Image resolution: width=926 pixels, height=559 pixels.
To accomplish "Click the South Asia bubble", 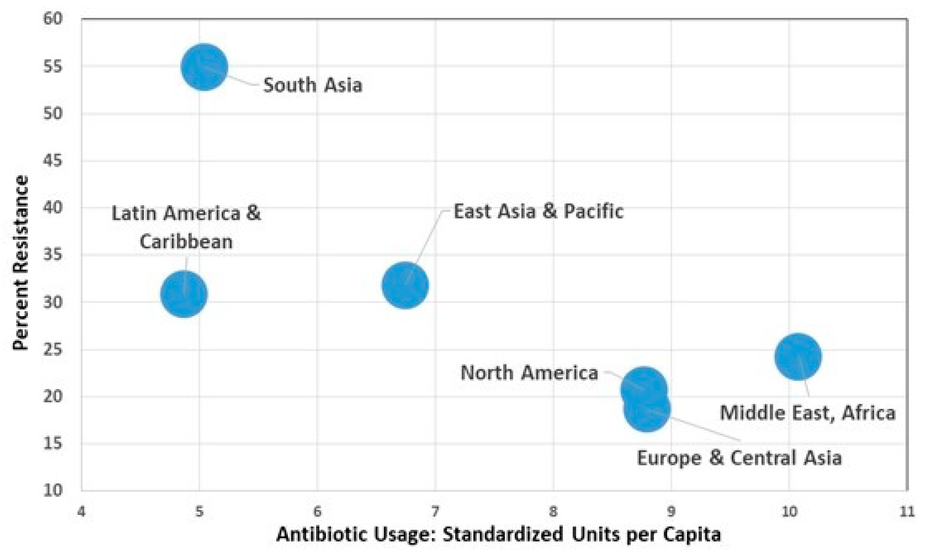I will [x=204, y=67].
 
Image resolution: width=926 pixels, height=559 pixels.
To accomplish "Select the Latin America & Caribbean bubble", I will [x=184, y=294].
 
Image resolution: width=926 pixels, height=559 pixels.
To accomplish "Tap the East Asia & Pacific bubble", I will [x=405, y=285].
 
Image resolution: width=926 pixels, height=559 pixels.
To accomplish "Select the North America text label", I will [x=529, y=373].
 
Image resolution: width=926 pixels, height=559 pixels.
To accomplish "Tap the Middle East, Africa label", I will [x=808, y=413].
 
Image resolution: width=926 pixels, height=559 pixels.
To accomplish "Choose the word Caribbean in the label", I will [x=186, y=241].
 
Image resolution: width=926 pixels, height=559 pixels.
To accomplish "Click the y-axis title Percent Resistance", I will [x=20, y=263].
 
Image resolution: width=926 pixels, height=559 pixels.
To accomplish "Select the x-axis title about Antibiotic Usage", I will [x=498, y=534].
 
